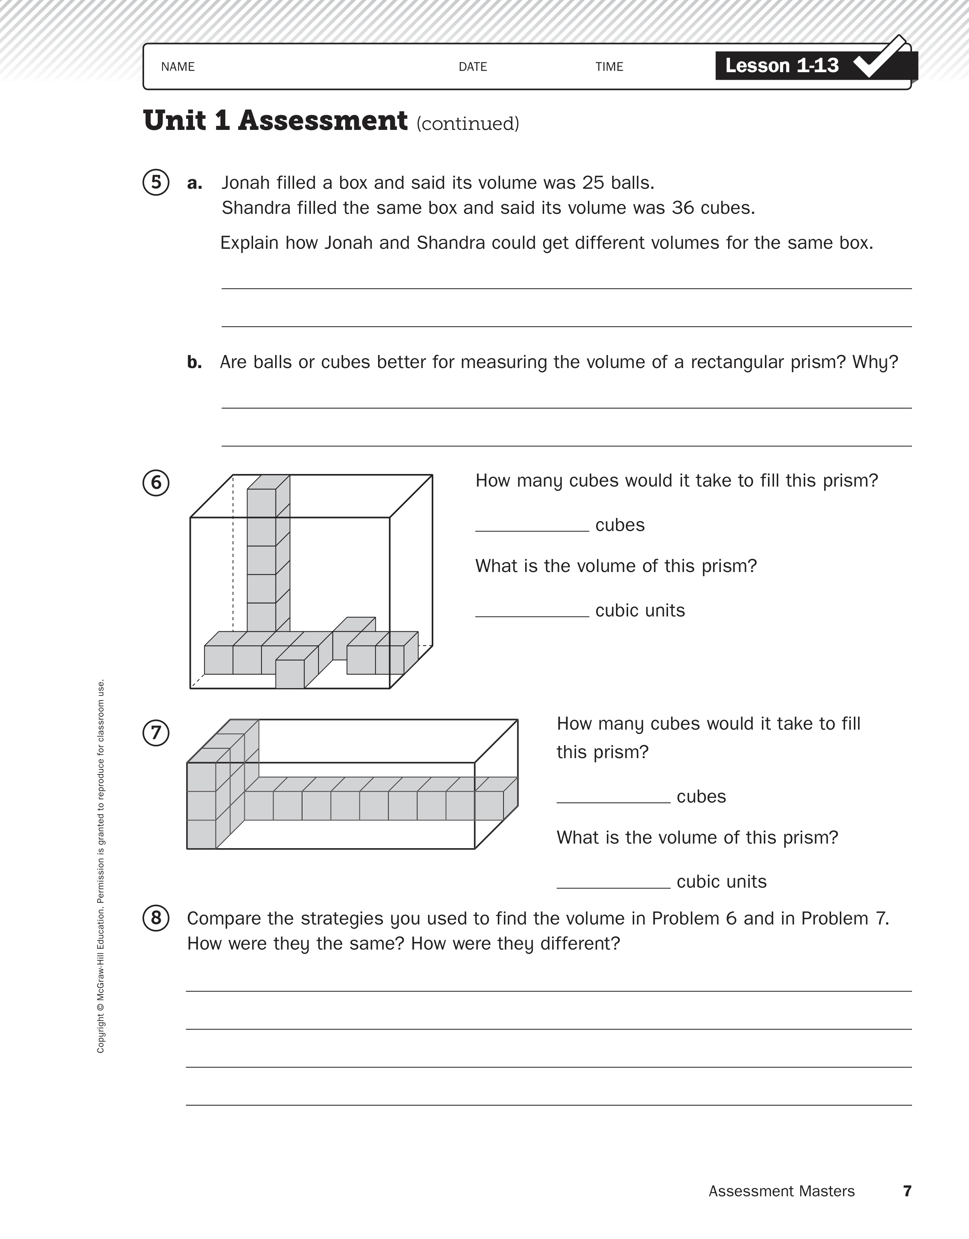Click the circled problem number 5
tap(156, 183)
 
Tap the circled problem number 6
tap(156, 483)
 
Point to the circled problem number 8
tap(156, 918)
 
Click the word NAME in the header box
tap(178, 67)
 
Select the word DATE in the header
tap(473, 67)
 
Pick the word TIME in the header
tap(609, 67)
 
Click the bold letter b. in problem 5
tap(195, 362)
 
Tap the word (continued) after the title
tap(468, 124)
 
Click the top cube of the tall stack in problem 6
tap(262, 503)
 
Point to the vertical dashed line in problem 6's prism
tap(233, 556)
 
